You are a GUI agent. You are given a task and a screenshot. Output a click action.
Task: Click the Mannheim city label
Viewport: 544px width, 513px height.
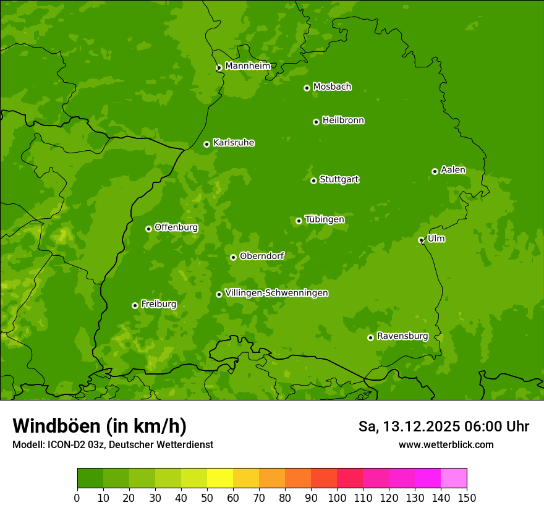tap(247, 66)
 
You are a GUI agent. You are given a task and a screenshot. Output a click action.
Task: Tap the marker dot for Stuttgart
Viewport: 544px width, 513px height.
tap(313, 180)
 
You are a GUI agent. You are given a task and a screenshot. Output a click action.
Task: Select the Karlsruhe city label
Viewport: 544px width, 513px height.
tap(234, 143)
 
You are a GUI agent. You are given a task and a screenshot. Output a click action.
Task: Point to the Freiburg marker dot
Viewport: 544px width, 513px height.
tap(135, 305)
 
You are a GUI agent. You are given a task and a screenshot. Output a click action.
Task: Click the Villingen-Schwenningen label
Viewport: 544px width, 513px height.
tap(276, 293)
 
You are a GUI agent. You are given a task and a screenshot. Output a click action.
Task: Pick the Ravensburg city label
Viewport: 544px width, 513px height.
tap(402, 336)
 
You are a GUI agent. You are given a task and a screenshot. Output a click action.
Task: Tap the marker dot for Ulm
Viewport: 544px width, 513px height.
tap(421, 240)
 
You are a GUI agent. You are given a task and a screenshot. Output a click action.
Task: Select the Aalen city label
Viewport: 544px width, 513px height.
tap(453, 170)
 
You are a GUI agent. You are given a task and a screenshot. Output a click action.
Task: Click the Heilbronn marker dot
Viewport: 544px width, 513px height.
tap(316, 122)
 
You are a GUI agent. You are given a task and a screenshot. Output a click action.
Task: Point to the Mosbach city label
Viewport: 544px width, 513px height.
tap(332, 87)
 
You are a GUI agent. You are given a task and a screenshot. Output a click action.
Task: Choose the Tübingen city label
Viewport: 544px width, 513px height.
tap(325, 219)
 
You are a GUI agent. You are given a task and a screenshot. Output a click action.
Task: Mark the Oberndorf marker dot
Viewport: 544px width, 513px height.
tap(233, 257)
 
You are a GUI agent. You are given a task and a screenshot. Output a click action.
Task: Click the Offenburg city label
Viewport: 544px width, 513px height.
tap(176, 227)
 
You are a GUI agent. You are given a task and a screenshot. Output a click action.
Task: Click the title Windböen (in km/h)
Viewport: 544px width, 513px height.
tap(99, 426)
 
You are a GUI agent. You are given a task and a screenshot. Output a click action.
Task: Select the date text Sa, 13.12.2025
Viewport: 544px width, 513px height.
tap(409, 426)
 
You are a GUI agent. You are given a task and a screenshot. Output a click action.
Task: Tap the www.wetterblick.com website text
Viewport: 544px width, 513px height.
tap(446, 444)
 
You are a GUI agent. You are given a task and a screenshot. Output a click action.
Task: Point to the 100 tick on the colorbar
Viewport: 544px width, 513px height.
tap(337, 497)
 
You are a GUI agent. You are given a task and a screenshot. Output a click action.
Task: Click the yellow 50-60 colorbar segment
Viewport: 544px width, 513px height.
tap(220, 478)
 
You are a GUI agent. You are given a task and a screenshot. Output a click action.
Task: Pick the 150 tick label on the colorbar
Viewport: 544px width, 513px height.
tap(467, 497)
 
